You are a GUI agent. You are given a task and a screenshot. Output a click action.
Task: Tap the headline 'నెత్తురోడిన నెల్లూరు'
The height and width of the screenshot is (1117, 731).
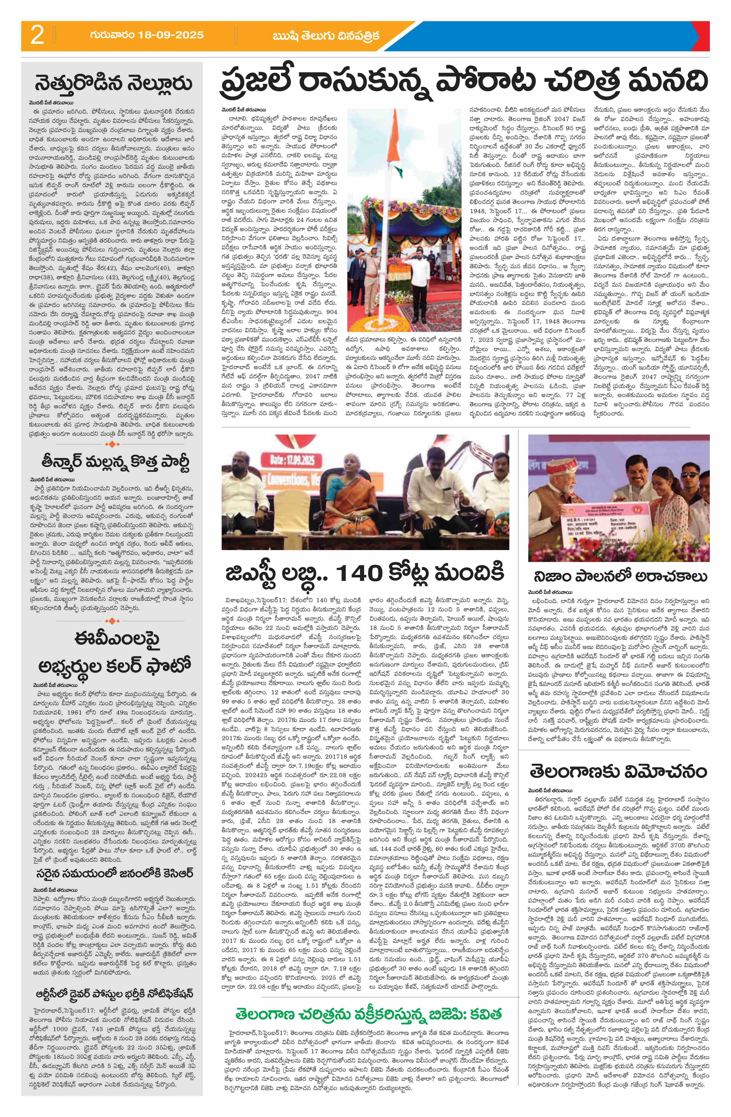[113, 84]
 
